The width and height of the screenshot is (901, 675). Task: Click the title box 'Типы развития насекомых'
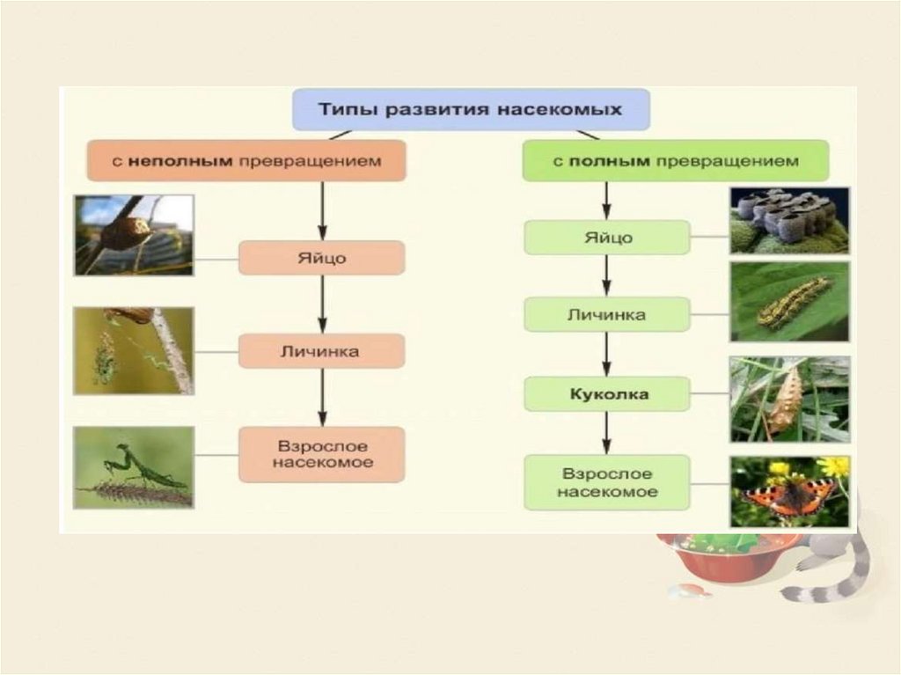click(471, 110)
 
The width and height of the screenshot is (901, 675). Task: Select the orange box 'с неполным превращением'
click(246, 161)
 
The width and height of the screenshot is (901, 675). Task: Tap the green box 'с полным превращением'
click(675, 161)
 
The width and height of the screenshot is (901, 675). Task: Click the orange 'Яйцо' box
click(322, 259)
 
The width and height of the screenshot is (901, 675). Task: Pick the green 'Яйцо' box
click(607, 238)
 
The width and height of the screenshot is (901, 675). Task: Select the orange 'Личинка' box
click(322, 351)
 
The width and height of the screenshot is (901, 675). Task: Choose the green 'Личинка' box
click(607, 314)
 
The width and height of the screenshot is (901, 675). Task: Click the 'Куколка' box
click(607, 394)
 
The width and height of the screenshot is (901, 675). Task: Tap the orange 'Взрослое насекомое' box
click(322, 454)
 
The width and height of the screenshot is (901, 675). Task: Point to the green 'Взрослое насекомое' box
click(607, 482)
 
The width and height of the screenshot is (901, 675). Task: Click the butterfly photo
click(789, 491)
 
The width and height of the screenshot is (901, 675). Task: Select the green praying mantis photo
click(134, 467)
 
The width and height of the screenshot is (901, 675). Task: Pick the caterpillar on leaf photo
click(789, 302)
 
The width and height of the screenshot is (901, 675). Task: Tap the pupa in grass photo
click(789, 399)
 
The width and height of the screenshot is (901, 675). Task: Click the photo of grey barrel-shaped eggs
click(789, 220)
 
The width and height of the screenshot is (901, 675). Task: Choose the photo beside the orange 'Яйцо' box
click(134, 235)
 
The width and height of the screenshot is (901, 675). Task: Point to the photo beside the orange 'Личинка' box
click(134, 350)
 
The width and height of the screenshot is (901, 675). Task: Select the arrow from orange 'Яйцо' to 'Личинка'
click(322, 304)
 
